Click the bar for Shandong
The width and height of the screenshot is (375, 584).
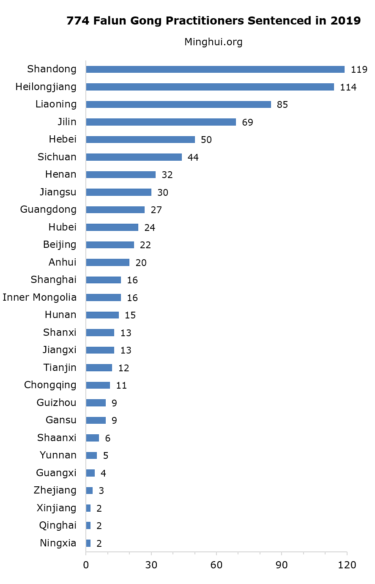point(215,69)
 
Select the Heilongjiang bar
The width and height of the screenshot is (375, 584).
point(210,87)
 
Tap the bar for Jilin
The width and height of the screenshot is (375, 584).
point(161,122)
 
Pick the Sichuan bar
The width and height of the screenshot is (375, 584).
point(134,157)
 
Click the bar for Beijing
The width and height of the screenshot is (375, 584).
point(110,245)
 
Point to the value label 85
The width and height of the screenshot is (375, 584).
point(282,105)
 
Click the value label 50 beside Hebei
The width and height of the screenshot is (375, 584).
point(206,140)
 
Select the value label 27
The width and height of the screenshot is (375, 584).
point(156,210)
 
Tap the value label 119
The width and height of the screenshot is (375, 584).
point(359,70)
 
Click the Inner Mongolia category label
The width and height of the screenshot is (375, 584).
point(40,297)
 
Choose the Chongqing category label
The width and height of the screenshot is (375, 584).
point(50,385)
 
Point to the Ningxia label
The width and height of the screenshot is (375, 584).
point(58,543)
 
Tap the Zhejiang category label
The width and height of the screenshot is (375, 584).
point(55,491)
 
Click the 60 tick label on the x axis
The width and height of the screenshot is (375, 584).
point(216,565)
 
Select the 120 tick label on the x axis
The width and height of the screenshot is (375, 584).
point(347,565)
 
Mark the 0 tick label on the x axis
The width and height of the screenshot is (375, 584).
point(86,565)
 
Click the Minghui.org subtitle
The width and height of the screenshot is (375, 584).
point(214,42)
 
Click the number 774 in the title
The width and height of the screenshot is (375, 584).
point(78,21)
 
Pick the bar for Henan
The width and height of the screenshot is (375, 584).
point(120,175)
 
